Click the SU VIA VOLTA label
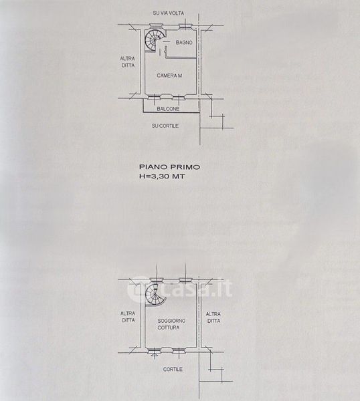[168, 13]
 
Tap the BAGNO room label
[184, 43]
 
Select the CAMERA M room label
[169, 76]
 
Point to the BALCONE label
[168, 109]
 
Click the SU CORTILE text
[165, 126]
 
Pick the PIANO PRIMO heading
[169, 167]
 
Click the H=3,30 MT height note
[161, 176]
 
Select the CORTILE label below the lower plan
[173, 370]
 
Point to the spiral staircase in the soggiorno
[155, 295]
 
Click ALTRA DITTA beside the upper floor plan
[128, 62]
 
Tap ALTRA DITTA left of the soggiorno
[128, 317]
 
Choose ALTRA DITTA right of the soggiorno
[213, 317]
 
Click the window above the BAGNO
[185, 26]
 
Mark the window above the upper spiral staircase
[156, 25]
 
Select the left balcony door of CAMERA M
[155, 98]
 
